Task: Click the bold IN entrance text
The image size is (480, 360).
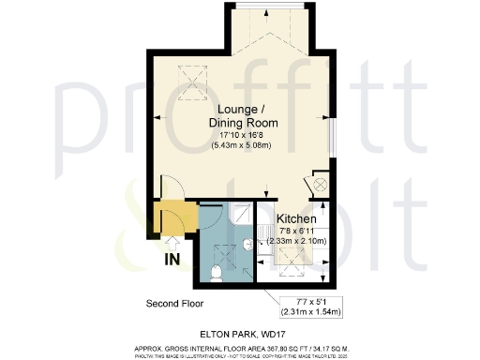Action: point(173,257)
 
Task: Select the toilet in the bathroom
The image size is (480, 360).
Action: point(216,273)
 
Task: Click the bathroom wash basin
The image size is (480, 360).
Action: point(248,245)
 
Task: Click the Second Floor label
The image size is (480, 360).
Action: point(174,304)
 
